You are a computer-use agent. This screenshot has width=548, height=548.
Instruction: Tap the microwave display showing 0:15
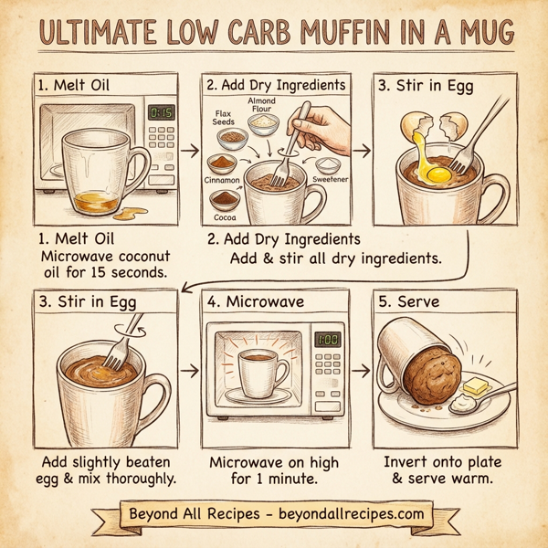(x=162, y=113)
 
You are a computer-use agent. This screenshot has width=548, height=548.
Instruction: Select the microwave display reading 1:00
(x=327, y=340)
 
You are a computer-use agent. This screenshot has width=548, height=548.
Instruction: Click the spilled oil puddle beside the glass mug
(x=130, y=214)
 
